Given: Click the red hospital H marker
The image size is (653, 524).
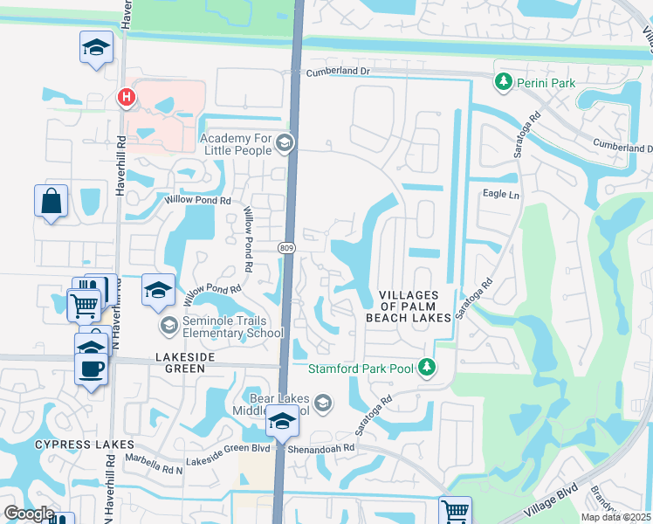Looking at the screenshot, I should (x=127, y=97).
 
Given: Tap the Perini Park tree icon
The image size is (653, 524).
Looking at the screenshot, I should (x=503, y=81).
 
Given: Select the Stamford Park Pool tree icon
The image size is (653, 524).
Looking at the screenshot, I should (x=427, y=368).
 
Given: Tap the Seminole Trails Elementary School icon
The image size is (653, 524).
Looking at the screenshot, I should (x=168, y=326).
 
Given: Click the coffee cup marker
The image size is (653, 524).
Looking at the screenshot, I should (x=91, y=368).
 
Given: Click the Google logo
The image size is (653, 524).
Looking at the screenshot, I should (x=29, y=514).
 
